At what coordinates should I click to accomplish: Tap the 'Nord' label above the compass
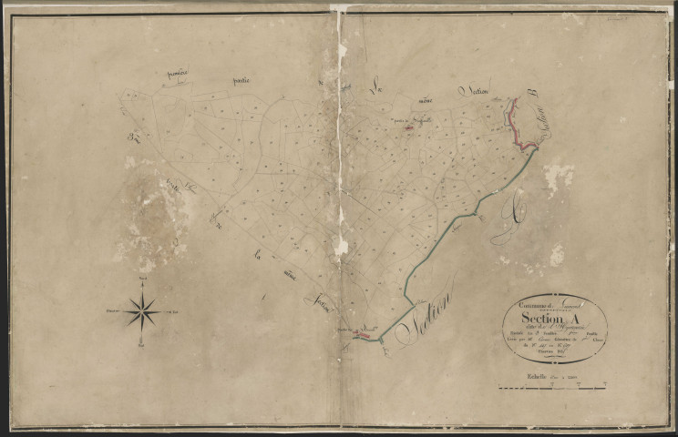142,275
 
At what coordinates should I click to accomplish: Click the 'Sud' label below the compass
142,347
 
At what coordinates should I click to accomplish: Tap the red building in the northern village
409,127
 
